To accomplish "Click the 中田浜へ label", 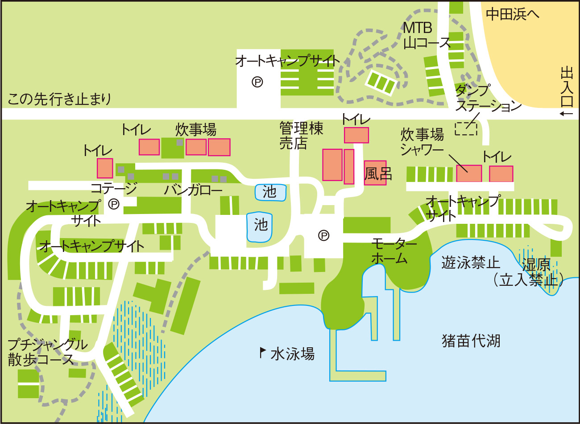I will click(512, 14).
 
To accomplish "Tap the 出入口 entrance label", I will click(567, 87).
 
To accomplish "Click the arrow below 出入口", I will click(566, 114).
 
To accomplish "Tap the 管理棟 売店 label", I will click(301, 136).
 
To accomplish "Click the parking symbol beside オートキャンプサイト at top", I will click(257, 82).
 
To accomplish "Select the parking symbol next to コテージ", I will click(114, 204).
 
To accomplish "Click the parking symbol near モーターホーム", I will click(324, 235).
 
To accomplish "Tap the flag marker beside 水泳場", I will click(263, 352).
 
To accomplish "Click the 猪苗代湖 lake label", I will click(471, 341).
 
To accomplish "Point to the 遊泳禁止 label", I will click(471, 263).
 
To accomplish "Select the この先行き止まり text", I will click(59, 99).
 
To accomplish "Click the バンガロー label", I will click(193, 190).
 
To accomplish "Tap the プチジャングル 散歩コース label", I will click(47, 352).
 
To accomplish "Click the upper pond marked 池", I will click(270, 192).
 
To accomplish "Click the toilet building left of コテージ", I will click(105, 168).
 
